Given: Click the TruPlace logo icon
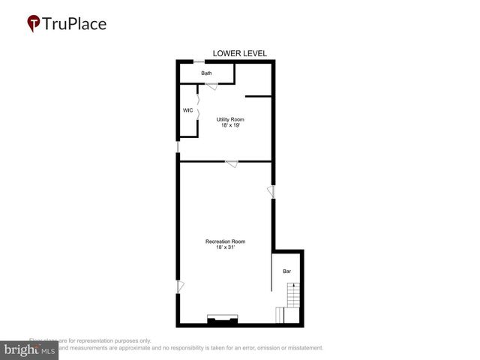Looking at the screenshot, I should tap(34, 23).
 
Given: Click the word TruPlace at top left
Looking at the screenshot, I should tap(75, 23).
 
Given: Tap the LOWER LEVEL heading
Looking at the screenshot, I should tap(239, 53).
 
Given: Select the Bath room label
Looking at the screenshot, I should tap(206, 73).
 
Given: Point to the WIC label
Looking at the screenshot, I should tap(188, 110).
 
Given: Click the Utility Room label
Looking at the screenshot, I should tap(230, 119).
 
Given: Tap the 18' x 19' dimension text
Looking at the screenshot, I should tap(230, 125).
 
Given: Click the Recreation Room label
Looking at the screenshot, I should tap(226, 241).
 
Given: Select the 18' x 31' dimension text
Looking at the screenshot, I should tap(226, 247).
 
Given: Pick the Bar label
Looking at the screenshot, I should tap(286, 271).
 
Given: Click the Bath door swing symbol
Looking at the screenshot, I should tap(212, 86).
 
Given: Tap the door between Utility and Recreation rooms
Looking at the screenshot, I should tap(232, 164).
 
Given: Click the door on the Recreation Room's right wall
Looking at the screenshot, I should tap(273, 193).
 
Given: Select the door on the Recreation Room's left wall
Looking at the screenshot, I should tap(179, 286).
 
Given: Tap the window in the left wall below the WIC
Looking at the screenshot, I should tap(178, 148).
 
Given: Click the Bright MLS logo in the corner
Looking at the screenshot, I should tap(30, 349).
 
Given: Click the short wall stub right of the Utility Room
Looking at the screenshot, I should tap(258, 96).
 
